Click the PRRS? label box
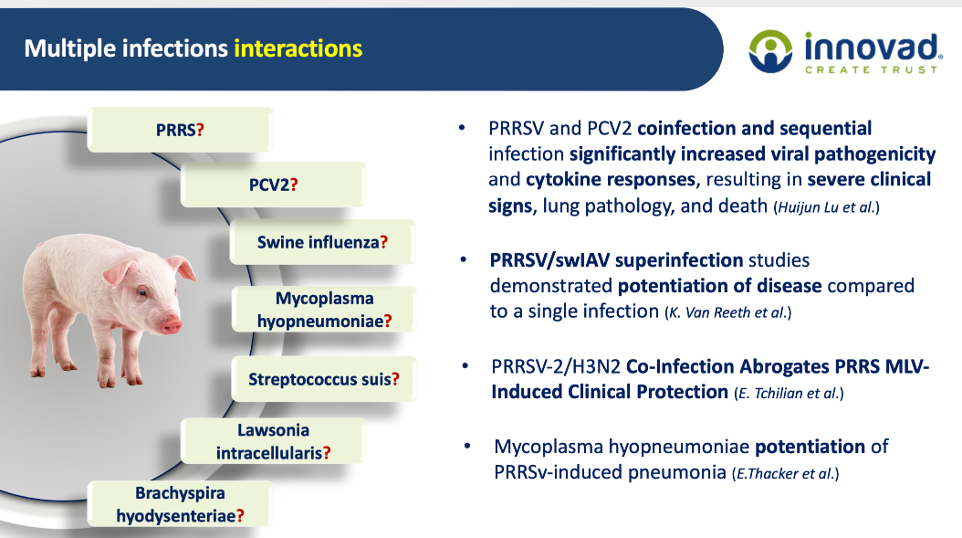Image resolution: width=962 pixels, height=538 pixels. coord(180,130)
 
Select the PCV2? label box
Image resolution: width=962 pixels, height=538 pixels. coord(273,185)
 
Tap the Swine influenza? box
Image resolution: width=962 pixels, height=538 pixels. coord(323,242)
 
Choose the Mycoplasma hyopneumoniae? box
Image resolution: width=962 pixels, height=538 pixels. coord(324,309)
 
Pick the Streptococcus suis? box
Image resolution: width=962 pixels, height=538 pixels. coord(324,379)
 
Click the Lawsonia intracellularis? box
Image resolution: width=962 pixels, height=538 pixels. coord(273,441)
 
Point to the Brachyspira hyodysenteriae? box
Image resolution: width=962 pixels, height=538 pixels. coord(180,503)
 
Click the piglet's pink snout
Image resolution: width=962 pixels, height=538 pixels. coord(172,324)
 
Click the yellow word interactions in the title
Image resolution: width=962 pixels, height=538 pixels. coord(298,48)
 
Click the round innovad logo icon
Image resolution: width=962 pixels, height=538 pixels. coord(770,51)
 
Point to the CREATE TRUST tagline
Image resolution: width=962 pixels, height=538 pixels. coord(872,70)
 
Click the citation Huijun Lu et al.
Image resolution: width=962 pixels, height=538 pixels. coord(826,207)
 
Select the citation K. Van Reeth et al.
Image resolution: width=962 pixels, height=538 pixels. coord(727,312)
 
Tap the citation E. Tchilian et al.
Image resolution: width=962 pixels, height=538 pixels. coord(789,393)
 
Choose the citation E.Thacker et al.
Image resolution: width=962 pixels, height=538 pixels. coord(785,473)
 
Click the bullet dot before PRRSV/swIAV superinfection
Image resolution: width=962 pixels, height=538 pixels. coord(464,259)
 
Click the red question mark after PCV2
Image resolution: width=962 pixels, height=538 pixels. coord(294,185)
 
